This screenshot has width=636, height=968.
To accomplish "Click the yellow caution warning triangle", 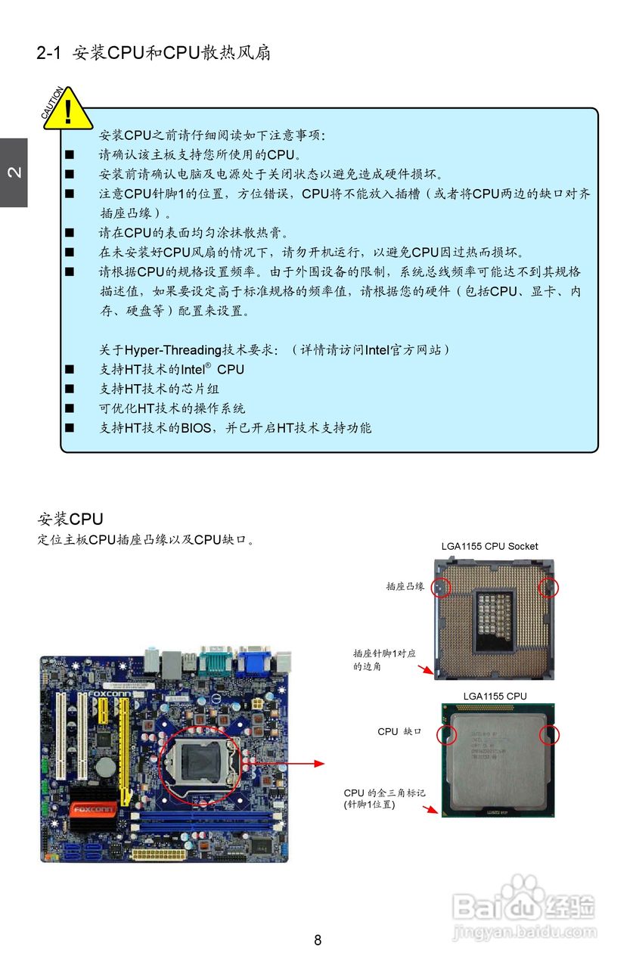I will point(68,110).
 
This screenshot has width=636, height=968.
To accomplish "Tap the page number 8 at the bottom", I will point(318,940).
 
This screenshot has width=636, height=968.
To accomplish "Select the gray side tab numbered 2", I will point(14,172).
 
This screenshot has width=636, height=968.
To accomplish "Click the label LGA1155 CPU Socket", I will point(489,546).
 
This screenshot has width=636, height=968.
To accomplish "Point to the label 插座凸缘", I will point(405,586).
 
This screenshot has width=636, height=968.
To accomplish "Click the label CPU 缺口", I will point(399,732).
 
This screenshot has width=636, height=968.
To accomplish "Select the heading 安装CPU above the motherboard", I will point(70,520).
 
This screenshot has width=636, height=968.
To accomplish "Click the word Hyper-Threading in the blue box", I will point(173,349).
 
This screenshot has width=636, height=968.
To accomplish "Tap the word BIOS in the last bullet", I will point(196,428).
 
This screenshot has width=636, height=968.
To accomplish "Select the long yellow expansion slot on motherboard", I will point(123,749).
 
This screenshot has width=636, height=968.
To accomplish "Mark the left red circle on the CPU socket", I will point(441,587).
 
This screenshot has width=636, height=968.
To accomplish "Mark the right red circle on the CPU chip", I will point(548,734).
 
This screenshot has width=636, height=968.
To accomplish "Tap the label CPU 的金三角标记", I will point(385,793).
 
